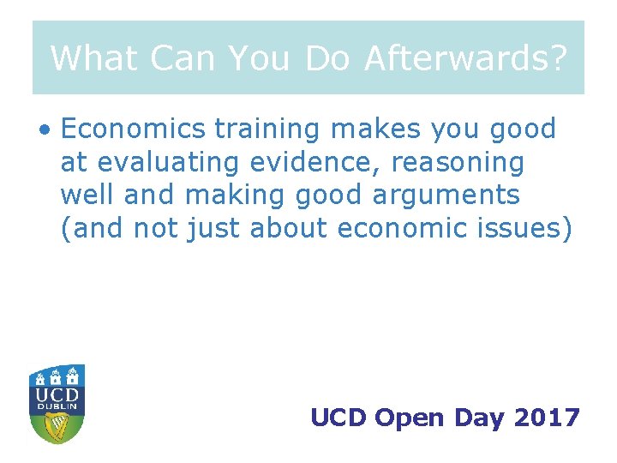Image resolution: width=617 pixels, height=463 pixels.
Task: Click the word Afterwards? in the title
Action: pyautogui.click(x=465, y=58)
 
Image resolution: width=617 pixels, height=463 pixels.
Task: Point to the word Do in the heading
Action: pyautogui.click(x=328, y=58)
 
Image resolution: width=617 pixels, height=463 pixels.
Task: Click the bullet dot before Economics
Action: pyautogui.click(x=44, y=131)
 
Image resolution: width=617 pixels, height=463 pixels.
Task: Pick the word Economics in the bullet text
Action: pyautogui.click(x=134, y=129)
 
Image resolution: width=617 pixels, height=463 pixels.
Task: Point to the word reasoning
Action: pyautogui.click(x=470, y=163)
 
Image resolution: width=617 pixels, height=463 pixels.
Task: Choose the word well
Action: pyautogui.click(x=87, y=195)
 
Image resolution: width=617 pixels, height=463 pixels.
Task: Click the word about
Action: pyautogui.click(x=289, y=228)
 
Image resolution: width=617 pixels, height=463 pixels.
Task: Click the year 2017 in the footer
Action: pyautogui.click(x=548, y=418)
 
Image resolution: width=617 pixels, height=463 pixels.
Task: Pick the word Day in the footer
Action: pyautogui.click(x=480, y=418)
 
